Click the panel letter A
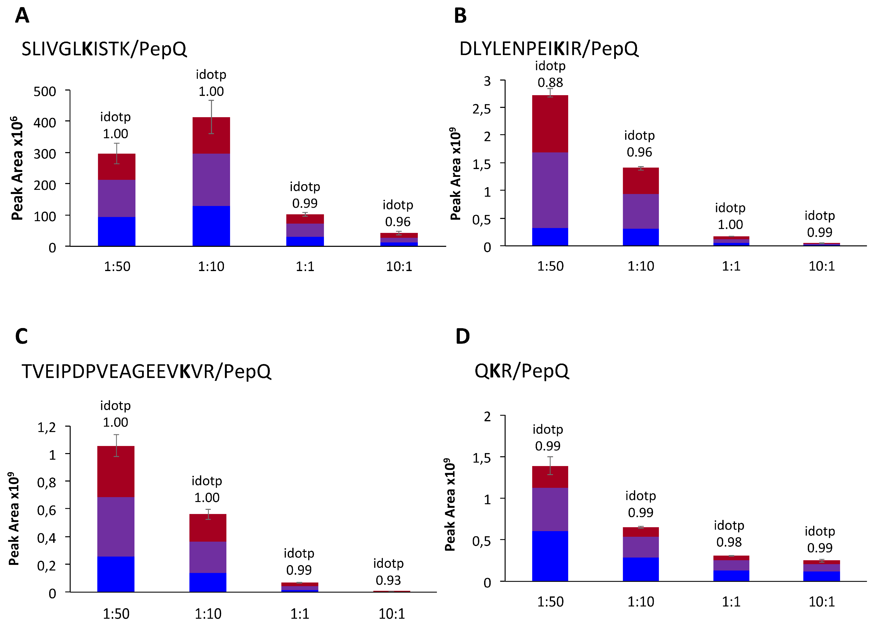[22, 16]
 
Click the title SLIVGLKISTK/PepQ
[104, 49]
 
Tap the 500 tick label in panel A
[45, 92]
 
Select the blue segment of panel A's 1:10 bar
[211, 226]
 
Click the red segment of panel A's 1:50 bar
[117, 167]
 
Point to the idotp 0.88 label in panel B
[550, 74]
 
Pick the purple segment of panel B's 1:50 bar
[550, 190]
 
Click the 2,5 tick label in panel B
[482, 109]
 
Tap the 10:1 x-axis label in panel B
[821, 266]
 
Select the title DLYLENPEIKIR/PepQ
[548, 49]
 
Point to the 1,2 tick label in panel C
[46, 427]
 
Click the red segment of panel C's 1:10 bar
[208, 527]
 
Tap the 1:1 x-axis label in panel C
[300, 614]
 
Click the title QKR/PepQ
[521, 371]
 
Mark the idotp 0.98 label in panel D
[729, 534]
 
